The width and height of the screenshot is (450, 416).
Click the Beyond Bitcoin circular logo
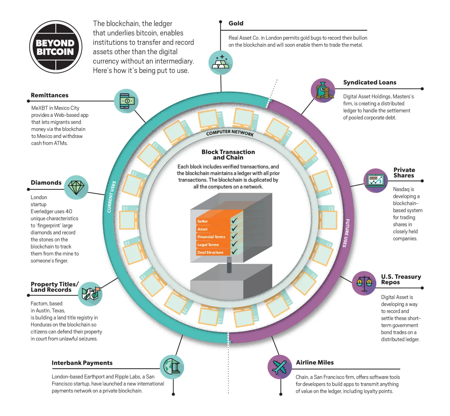55,47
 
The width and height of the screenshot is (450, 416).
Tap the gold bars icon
220,62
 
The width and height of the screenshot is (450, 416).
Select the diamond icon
76,188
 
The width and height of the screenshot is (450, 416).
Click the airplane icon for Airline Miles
279,367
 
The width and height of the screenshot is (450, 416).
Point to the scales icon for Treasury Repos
364,283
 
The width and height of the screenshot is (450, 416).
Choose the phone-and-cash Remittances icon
126,101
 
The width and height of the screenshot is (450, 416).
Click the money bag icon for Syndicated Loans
323,90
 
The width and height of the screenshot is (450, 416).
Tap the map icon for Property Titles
90,294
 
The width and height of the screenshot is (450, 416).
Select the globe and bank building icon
172,367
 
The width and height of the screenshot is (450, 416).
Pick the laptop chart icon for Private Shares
376,181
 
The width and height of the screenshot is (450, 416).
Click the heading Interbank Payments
82,363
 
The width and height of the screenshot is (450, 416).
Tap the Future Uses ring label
346,233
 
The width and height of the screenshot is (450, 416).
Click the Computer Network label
230,132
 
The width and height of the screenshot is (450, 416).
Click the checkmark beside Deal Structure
234,251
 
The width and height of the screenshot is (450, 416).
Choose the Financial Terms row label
211,237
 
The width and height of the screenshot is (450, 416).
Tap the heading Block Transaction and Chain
228,155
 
